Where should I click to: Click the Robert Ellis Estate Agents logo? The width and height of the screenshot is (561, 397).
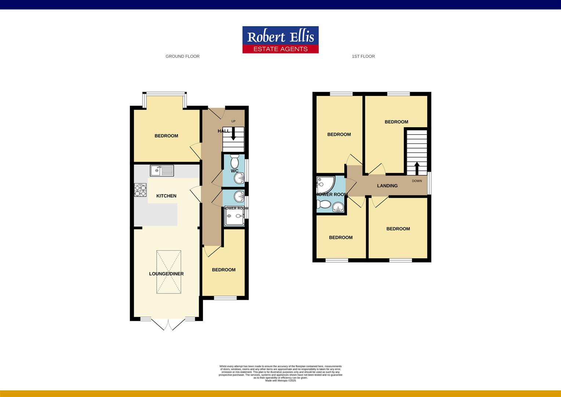(280, 40)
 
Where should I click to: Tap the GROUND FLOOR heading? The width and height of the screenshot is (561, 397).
(182, 56)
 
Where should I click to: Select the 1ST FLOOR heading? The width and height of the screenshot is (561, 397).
(363, 56)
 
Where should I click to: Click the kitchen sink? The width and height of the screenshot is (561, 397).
(162, 171)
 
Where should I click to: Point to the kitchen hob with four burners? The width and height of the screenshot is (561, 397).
(140, 190)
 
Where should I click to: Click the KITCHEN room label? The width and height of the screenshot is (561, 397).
(166, 196)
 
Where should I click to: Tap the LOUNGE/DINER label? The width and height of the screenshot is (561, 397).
(166, 274)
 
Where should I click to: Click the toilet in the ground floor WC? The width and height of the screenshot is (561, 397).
(234, 161)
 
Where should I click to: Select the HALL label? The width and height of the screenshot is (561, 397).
(223, 131)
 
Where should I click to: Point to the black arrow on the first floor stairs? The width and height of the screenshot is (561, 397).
(417, 168)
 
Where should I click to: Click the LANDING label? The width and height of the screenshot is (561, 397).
(387, 186)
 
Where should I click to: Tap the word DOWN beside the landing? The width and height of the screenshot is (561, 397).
(417, 181)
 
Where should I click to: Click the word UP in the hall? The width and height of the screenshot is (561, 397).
(233, 121)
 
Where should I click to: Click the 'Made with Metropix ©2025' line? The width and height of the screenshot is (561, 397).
(280, 380)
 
